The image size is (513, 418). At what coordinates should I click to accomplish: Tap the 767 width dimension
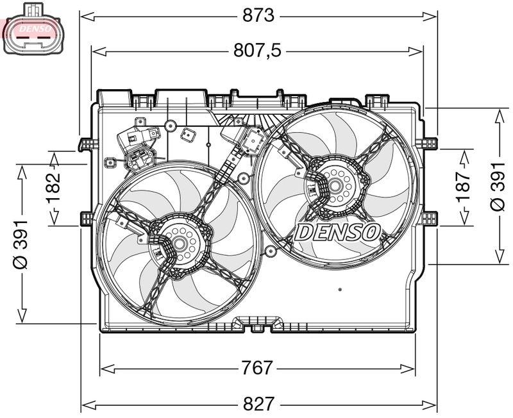pyautogui.click(x=257, y=368)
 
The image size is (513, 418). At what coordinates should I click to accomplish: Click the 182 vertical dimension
pyautogui.click(x=53, y=188)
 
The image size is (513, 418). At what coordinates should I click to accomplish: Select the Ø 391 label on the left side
pyautogui.click(x=22, y=243)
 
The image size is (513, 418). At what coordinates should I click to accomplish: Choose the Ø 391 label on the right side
pyautogui.click(x=498, y=186)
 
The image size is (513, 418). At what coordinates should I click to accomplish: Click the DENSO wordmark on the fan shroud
pyautogui.click(x=338, y=232)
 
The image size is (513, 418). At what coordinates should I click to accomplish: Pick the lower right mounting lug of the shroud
pyautogui.click(x=430, y=218)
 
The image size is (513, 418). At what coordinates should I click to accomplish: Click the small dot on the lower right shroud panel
pyautogui.click(x=340, y=289)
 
